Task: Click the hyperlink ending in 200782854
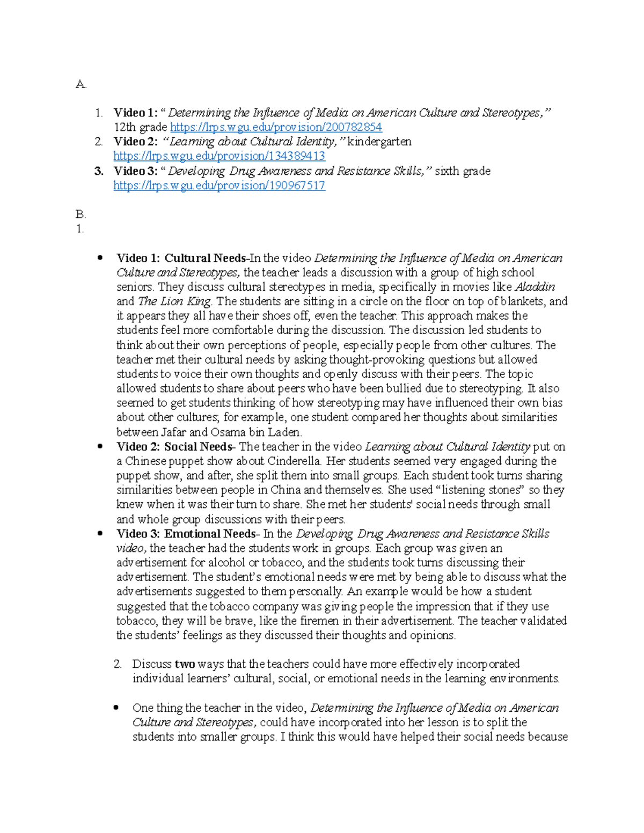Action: click(276, 127)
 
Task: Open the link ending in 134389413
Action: click(219, 156)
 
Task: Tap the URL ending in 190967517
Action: click(219, 186)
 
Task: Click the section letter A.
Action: click(80, 84)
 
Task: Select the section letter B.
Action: click(80, 215)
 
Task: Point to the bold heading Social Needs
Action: click(198, 447)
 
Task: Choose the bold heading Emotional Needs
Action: click(210, 534)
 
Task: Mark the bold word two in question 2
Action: click(185, 664)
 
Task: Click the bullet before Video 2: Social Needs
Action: click(99, 447)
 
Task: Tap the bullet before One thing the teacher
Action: click(116, 708)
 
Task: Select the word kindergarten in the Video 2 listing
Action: click(379, 142)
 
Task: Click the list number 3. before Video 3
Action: click(98, 171)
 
